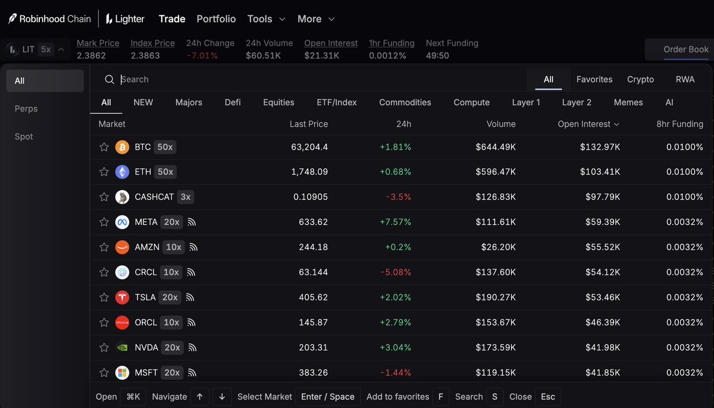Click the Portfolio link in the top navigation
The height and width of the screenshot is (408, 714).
click(x=216, y=19)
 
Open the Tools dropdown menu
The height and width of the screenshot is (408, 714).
click(x=266, y=19)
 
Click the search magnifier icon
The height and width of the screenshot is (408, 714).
click(x=109, y=80)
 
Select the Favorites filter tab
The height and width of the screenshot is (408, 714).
click(x=594, y=79)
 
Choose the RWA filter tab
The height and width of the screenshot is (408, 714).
click(x=685, y=79)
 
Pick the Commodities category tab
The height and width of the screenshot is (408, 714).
click(x=405, y=102)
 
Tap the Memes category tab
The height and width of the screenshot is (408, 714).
click(x=628, y=102)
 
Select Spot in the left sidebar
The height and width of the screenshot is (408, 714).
click(x=24, y=137)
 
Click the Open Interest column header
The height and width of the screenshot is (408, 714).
click(x=588, y=124)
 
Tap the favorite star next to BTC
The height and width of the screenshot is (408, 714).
click(x=104, y=147)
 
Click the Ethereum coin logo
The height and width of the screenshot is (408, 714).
click(x=122, y=172)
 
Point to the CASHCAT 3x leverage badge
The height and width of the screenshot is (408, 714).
click(x=186, y=197)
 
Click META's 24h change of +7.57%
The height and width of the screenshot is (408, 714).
click(x=395, y=222)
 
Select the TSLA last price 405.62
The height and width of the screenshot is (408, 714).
click(x=313, y=298)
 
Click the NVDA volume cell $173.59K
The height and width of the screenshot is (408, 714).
click(x=495, y=347)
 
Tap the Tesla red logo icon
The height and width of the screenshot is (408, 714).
click(x=122, y=298)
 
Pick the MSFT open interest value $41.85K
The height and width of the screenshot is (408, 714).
click(x=602, y=372)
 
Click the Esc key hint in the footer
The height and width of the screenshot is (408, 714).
click(x=547, y=397)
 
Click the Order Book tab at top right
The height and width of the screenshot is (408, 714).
click(x=686, y=49)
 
